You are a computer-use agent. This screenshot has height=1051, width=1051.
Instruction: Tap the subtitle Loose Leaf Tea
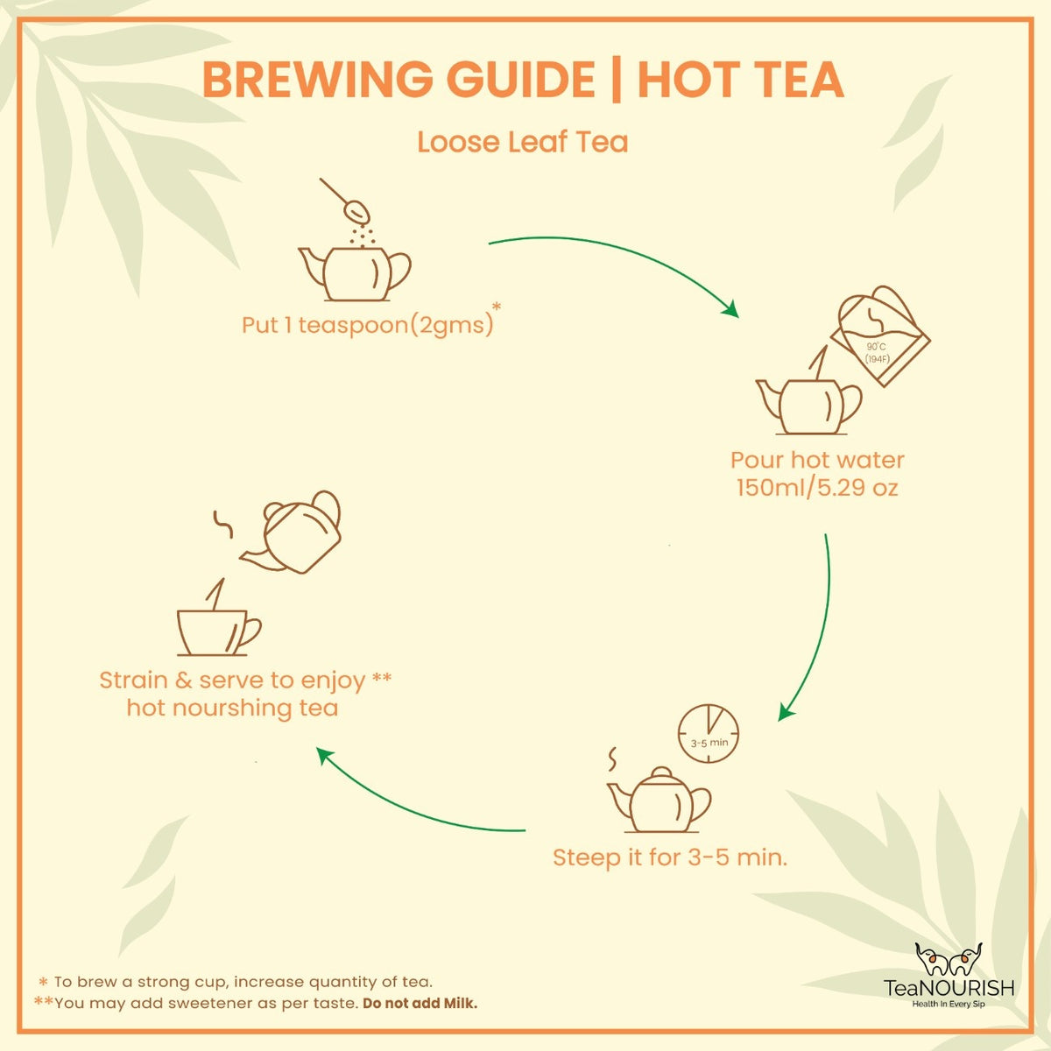pyautogui.click(x=523, y=142)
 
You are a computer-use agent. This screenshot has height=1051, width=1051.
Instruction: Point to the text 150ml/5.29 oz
pyautogui.click(x=816, y=487)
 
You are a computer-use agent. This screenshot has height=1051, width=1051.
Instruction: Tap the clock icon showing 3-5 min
pyautogui.click(x=709, y=732)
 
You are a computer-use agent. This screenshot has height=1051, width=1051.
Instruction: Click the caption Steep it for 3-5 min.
pyautogui.click(x=670, y=857)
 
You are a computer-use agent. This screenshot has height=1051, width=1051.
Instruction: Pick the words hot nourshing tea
pyautogui.click(x=232, y=708)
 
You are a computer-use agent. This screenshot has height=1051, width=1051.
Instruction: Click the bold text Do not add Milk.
pyautogui.click(x=420, y=1003)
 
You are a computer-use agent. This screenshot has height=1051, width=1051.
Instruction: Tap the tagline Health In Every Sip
pyautogui.click(x=949, y=1004)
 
